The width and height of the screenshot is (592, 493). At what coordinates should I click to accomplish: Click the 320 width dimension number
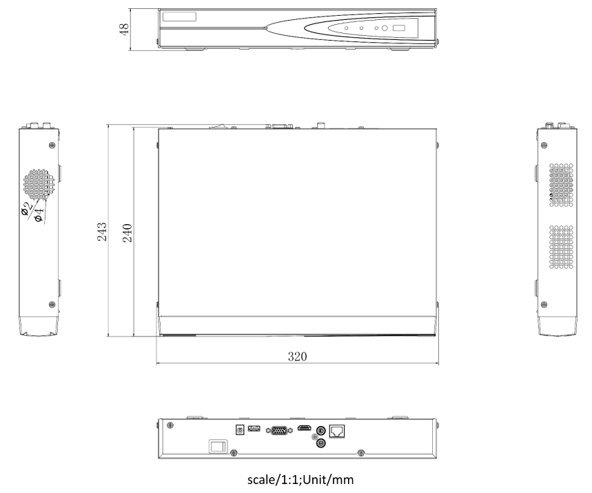[x=297, y=356]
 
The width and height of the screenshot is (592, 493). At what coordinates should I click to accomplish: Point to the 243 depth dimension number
[x=102, y=232]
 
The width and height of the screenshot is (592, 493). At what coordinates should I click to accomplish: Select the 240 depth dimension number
[x=127, y=233]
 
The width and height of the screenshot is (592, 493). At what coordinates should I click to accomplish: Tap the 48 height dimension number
[x=124, y=29]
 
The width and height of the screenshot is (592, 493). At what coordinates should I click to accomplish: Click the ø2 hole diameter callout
[x=27, y=208]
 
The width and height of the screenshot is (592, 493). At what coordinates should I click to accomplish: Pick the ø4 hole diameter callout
[x=39, y=214]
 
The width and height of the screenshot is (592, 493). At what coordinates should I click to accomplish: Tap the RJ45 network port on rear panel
[x=337, y=431]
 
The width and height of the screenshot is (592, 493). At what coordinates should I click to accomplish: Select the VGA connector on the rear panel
[x=279, y=431]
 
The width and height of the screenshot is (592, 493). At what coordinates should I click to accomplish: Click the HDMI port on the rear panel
[x=305, y=428]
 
